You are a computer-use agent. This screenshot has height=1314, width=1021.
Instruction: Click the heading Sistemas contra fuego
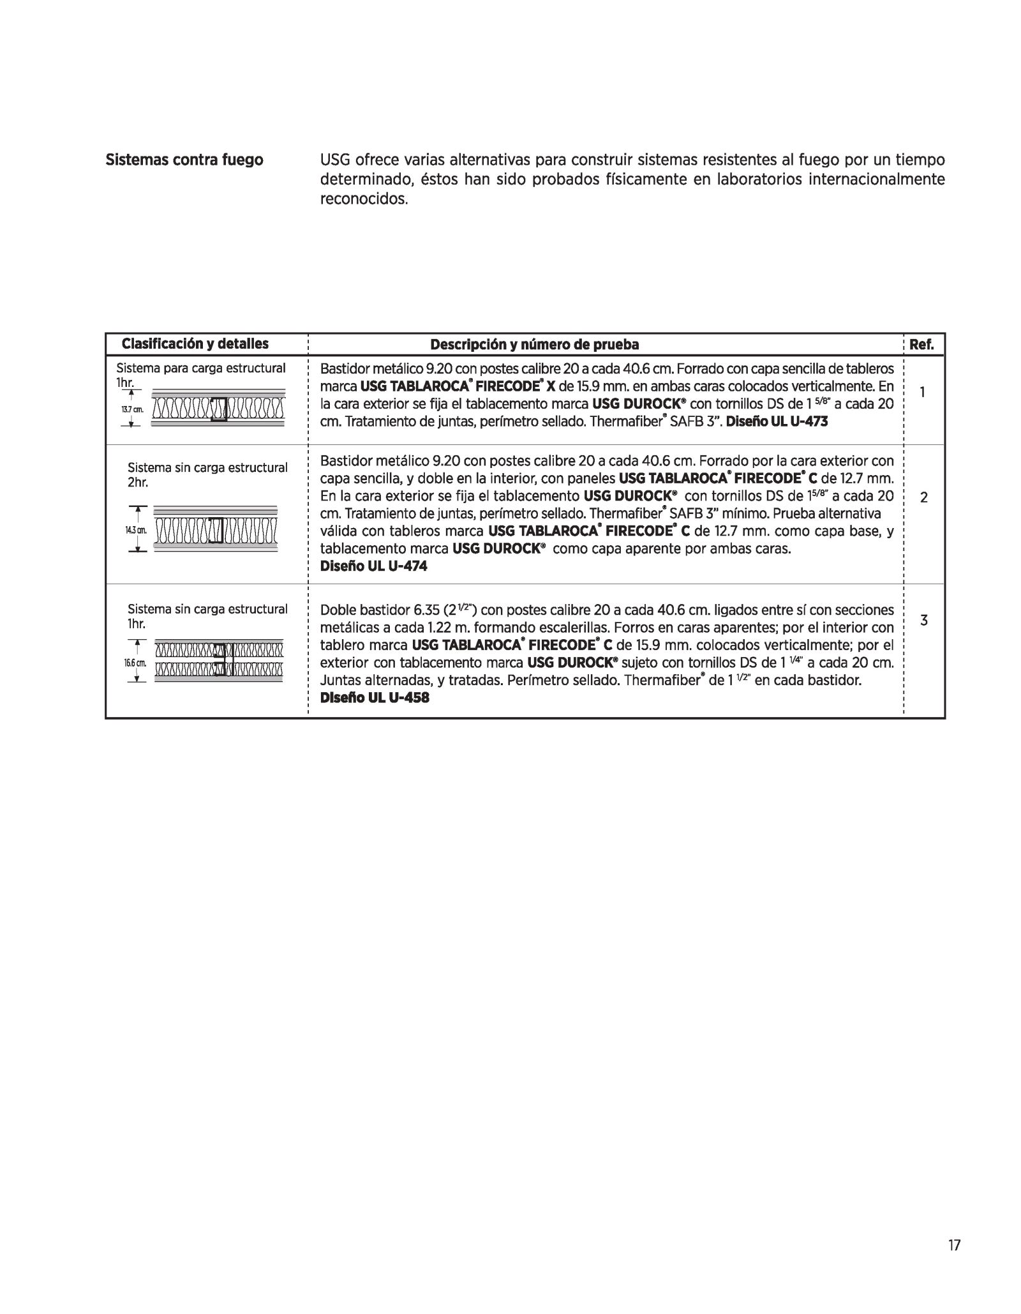(x=184, y=160)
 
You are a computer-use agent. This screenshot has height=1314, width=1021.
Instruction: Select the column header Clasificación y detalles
(x=195, y=344)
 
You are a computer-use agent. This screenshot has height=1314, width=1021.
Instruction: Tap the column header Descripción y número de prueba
(x=534, y=345)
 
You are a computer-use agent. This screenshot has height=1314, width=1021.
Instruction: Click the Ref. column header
(x=921, y=345)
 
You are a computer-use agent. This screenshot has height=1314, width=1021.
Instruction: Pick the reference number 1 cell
(x=923, y=393)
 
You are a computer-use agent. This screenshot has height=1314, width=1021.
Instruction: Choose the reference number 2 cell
(x=923, y=498)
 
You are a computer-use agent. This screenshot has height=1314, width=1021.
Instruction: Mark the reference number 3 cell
(x=923, y=620)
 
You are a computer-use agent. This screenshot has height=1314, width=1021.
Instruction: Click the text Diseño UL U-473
(x=777, y=421)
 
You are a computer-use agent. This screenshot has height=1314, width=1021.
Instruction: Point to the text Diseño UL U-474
(x=373, y=566)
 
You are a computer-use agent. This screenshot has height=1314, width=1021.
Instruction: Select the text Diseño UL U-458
(x=375, y=697)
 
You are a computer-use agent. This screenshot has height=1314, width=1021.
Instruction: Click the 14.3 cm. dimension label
(x=136, y=530)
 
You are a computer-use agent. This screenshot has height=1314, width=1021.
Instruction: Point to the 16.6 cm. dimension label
(x=135, y=663)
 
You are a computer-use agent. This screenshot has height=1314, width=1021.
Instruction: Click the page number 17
(x=954, y=1245)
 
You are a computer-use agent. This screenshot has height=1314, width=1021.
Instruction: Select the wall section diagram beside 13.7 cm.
(x=218, y=407)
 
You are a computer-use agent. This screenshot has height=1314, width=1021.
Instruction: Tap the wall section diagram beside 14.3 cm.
(x=216, y=529)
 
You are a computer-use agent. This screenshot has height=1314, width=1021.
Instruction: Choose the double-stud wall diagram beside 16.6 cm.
(x=219, y=660)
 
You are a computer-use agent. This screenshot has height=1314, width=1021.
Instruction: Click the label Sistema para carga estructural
(x=201, y=368)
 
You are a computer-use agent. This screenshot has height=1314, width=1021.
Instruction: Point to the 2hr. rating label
(x=138, y=483)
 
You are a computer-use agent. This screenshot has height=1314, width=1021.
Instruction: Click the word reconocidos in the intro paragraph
(x=362, y=199)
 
